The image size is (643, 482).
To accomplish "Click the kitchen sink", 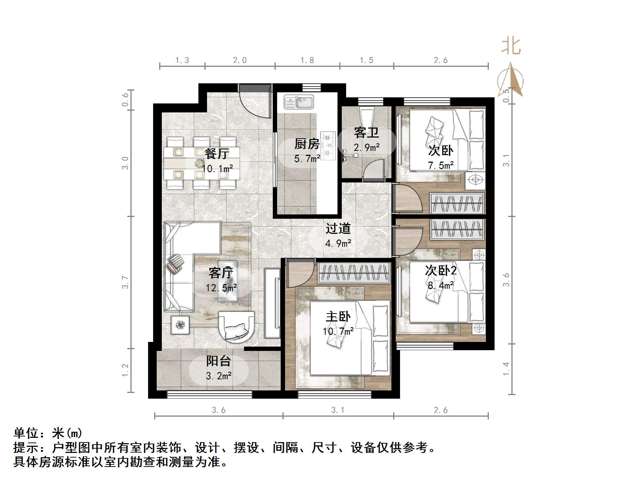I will pos(299,102).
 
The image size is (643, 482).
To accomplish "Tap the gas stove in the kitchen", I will pos(328,145).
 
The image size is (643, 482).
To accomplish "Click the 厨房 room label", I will pos(307,144).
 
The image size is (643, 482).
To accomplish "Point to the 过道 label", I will pos(338,228).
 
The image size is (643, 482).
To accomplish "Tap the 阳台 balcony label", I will pos(218,361).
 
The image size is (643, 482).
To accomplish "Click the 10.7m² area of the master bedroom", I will pos(338,331).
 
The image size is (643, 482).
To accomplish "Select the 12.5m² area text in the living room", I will pos(221,288).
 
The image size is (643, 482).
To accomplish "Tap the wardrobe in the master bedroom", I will pos(354,273).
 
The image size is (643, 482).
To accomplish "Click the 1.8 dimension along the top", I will pos(307,60).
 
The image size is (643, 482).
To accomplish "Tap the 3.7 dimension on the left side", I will pos(125,282).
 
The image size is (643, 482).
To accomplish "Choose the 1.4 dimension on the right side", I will pos(506,369).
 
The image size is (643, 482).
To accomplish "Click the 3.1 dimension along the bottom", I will pos(338,410).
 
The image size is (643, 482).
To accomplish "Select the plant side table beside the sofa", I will pos(180,325).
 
